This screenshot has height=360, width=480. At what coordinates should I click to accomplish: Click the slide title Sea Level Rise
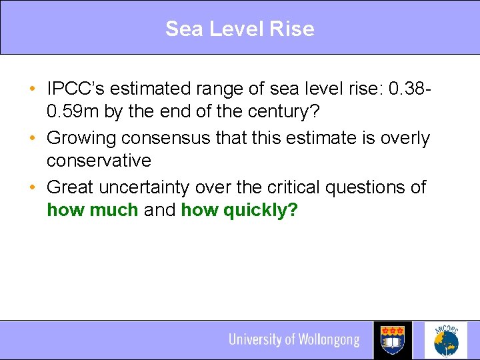tap(239, 29)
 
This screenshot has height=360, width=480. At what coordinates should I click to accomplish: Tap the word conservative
tap(99, 161)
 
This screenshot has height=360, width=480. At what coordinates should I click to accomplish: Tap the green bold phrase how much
tap(92, 210)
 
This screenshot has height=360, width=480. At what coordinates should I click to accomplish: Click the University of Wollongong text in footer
tap(294, 340)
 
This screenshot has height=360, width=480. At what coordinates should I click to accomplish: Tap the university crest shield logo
tap(393, 340)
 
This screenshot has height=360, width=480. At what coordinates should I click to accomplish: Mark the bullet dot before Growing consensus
tap(33, 138)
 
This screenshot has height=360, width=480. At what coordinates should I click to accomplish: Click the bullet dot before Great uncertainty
tap(33, 187)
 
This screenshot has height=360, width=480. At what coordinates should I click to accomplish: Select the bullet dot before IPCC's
tap(33, 89)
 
